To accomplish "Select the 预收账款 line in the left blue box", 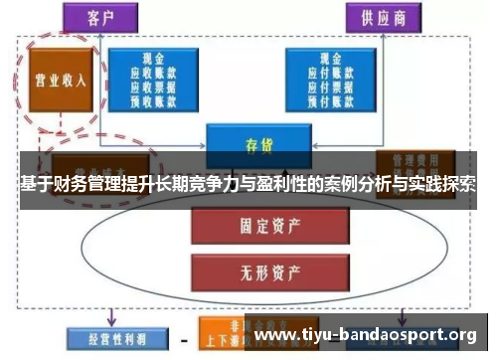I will tap(154, 100).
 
